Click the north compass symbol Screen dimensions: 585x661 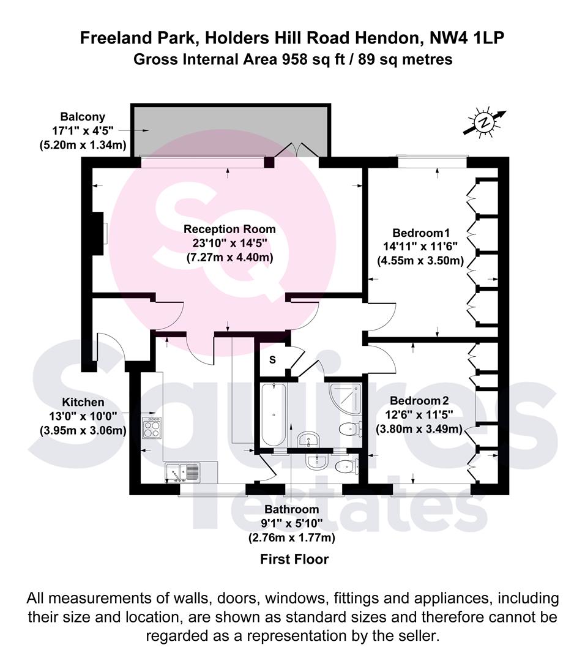coord(484,122)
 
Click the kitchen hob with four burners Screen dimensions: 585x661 coord(152,427)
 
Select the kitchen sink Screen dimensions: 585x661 coord(183,472)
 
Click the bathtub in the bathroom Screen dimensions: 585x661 coord(274,414)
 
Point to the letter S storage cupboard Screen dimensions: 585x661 coord(273,360)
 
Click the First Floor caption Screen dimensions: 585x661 coord(294,559)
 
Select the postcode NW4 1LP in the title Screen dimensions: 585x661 coord(466,38)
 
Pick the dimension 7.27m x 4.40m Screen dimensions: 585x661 coord(229,258)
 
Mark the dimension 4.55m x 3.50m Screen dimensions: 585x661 coord(420,261)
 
